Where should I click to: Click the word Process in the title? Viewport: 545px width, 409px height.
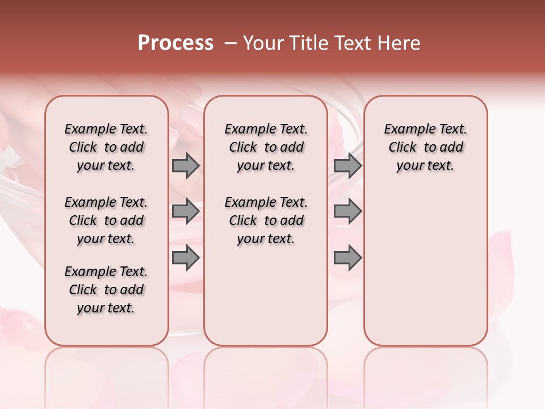(175, 43)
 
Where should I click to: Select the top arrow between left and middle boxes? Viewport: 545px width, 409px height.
(186, 165)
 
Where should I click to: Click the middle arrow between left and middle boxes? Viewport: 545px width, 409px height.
(186, 211)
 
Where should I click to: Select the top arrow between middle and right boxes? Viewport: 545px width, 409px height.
(347, 165)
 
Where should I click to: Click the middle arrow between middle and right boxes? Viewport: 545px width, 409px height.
(347, 211)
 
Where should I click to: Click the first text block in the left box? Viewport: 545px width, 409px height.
(106, 147)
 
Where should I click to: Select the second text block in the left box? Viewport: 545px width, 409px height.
(106, 220)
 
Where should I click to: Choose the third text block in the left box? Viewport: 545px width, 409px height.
(106, 290)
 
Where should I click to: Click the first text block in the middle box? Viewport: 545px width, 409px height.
(266, 147)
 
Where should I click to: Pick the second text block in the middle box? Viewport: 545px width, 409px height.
(266, 220)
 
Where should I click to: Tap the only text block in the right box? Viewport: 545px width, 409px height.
(425, 147)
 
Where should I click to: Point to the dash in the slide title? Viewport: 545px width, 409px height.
(230, 44)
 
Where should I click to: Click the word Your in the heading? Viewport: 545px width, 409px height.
(262, 43)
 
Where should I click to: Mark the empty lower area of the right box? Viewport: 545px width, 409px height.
(425, 273)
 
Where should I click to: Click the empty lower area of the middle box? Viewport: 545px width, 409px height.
(266, 295)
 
